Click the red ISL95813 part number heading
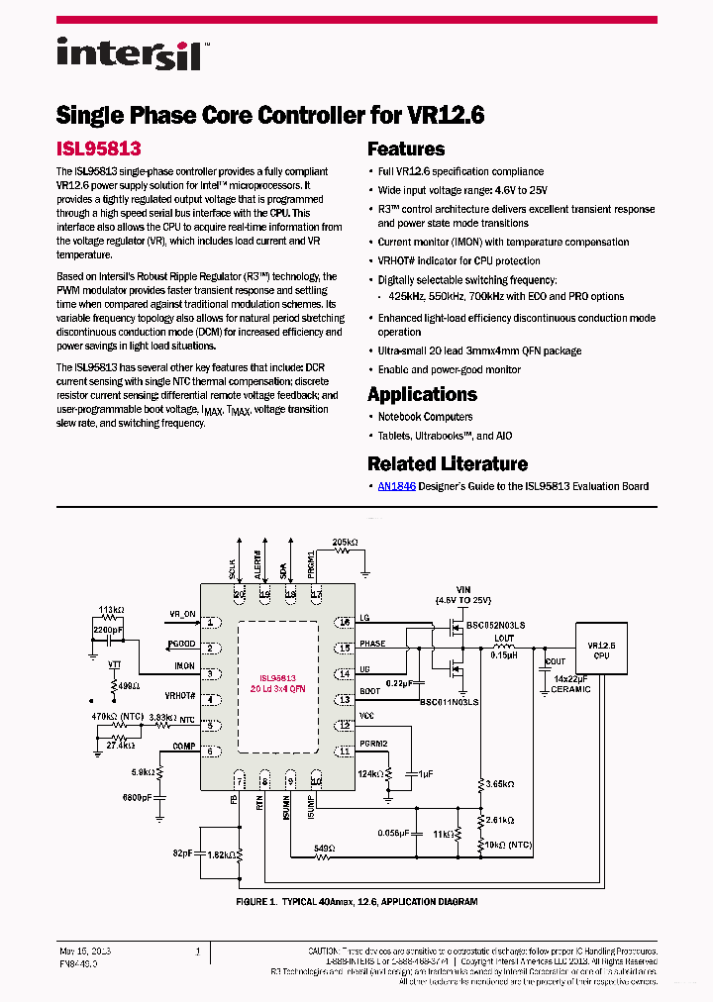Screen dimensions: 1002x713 (98, 149)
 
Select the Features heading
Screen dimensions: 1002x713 (406, 150)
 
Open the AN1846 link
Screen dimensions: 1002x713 (396, 486)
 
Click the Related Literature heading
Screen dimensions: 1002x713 (447, 463)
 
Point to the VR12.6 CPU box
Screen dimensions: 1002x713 (601, 650)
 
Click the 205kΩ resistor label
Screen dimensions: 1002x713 (345, 544)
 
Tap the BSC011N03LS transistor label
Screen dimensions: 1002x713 (449, 701)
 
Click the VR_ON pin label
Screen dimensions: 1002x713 (183, 614)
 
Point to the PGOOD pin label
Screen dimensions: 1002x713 (181, 644)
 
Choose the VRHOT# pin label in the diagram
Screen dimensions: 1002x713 (181, 695)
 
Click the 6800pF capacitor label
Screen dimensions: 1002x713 (137, 796)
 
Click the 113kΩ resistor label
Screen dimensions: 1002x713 (111, 610)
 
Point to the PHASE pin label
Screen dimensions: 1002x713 (372, 644)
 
